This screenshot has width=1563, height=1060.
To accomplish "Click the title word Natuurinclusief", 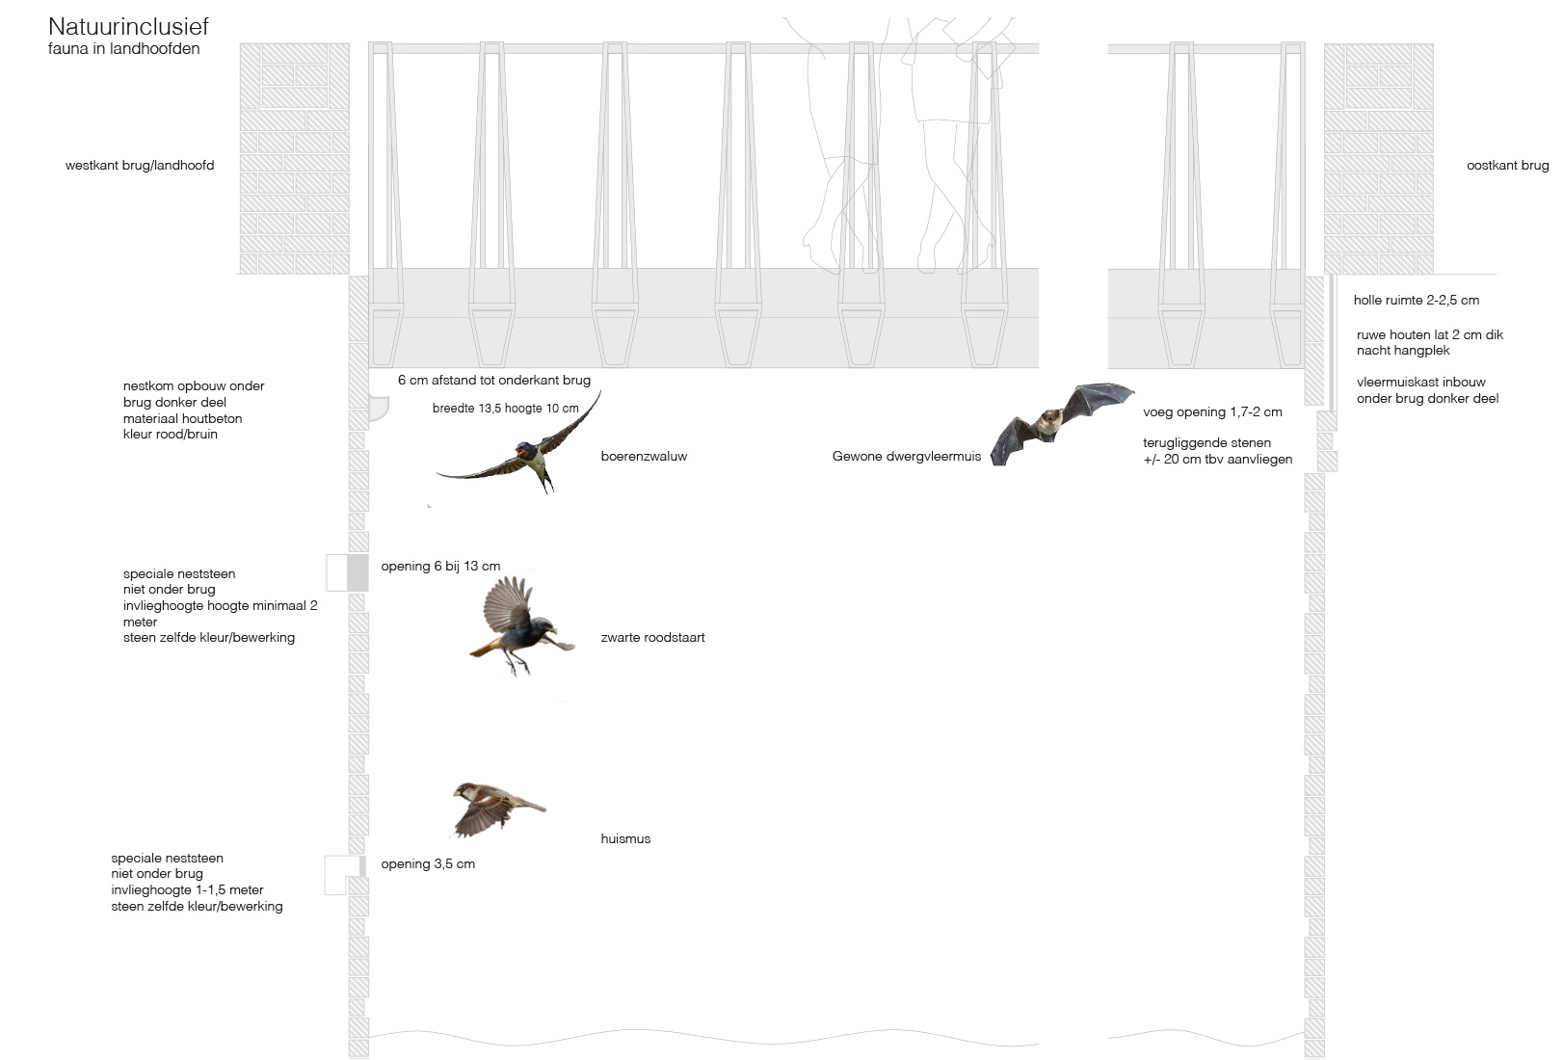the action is coord(128,27).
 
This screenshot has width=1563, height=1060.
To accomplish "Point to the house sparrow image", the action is coord(494,806).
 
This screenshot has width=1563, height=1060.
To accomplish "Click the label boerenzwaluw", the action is coord(644,456).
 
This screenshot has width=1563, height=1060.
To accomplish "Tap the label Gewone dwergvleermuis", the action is coord(906,456).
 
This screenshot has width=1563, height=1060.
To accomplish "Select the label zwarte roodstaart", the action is coord(652,637).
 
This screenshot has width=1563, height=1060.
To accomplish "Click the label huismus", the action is coord(625,838).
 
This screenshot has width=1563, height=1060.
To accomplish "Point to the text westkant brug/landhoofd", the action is coord(140,166).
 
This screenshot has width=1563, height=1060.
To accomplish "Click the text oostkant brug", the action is coord(1507,166).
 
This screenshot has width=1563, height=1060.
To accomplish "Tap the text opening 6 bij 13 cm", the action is coord(440,566).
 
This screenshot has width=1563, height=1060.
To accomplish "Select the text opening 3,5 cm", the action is coord(428,863).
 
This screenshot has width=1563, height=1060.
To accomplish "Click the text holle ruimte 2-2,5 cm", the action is coord(1416,300).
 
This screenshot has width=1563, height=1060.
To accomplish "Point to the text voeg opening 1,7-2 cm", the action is coord(1212,411).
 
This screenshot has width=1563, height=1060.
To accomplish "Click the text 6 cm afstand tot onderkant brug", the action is coord(493,380).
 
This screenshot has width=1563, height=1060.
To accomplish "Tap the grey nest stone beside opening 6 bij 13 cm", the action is coord(358,572).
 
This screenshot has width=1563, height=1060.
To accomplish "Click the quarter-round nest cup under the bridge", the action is coord(378,411).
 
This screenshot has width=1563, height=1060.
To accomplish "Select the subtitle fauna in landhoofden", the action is coord(124,48).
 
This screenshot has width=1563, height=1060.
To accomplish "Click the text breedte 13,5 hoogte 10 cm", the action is coord(505,408).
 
